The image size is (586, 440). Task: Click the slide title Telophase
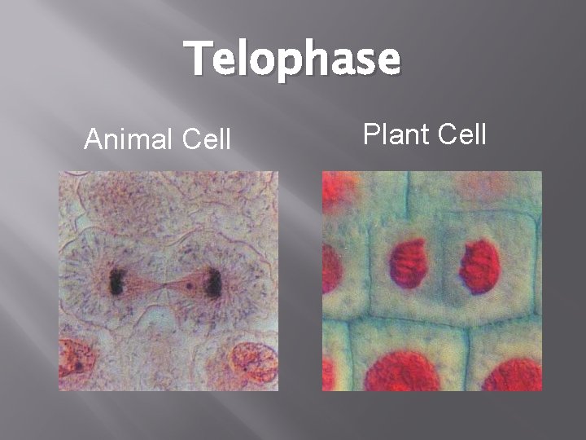(x=292, y=60)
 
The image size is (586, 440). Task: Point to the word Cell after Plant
(x=461, y=133)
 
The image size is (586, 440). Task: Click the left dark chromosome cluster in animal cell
(x=116, y=283)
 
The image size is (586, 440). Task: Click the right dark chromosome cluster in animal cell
(x=214, y=283)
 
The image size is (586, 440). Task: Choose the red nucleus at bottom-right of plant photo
(x=513, y=375)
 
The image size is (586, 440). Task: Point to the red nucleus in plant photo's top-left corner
(x=339, y=187)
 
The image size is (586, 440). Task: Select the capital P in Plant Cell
(x=371, y=133)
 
